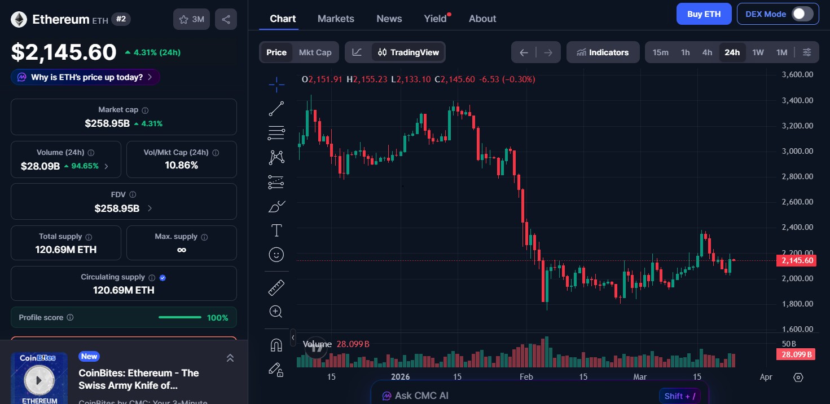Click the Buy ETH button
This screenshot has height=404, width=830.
click(x=704, y=14)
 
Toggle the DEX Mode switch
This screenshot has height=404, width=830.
click(x=802, y=14)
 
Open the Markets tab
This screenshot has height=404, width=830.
click(x=336, y=19)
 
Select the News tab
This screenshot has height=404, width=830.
click(x=389, y=19)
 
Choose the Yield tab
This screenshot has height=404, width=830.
click(x=436, y=19)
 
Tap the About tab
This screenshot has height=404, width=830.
click(x=482, y=19)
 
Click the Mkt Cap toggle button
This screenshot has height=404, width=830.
click(x=315, y=52)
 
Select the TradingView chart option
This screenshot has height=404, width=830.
click(x=409, y=52)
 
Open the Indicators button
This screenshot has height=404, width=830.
click(x=603, y=52)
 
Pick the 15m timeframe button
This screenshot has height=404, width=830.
click(x=660, y=52)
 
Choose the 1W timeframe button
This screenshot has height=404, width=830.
click(x=758, y=52)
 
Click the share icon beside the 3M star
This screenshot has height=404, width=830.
click(x=226, y=19)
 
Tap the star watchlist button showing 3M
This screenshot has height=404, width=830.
click(x=192, y=19)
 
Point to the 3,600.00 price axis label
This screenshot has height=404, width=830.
click(x=797, y=74)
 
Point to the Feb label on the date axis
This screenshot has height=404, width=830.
click(x=526, y=377)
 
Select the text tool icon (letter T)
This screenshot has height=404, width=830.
click(x=276, y=230)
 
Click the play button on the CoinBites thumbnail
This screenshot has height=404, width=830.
click(x=39, y=380)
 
